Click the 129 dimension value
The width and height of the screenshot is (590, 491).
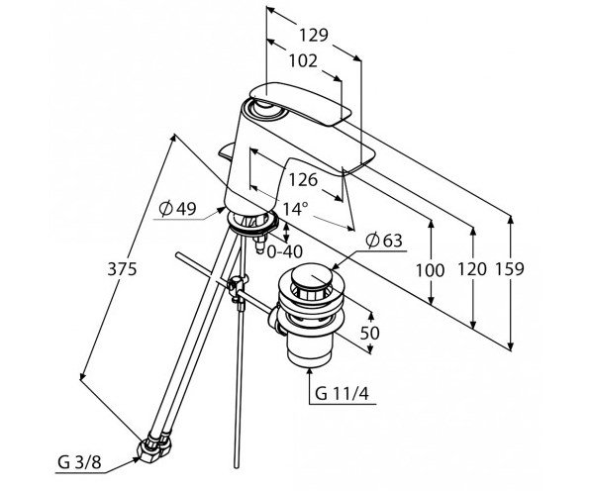[x=314, y=35]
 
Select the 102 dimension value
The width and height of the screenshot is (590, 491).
[x=303, y=60]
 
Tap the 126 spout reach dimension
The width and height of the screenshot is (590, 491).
[x=303, y=180]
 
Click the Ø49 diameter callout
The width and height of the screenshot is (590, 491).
[x=177, y=209]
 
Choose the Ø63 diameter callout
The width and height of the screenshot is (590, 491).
[x=384, y=241]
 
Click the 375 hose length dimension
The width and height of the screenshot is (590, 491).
[x=122, y=269]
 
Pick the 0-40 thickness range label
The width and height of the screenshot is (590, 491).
[x=285, y=251]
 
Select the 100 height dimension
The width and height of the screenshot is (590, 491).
[x=430, y=270]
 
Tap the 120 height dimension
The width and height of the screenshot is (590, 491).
[x=472, y=269]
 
